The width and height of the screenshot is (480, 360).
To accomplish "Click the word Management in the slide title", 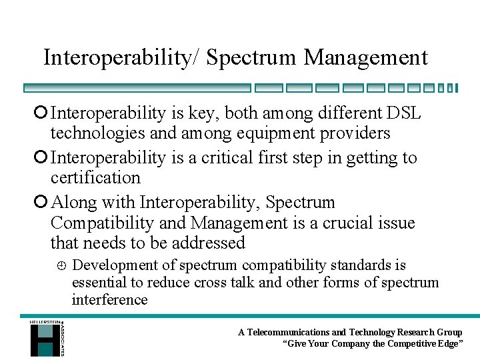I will [365, 58].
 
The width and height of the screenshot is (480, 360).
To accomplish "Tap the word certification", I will [95, 178].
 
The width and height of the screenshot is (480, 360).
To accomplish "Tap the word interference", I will [109, 300].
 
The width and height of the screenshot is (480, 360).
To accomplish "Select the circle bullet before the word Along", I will [43, 203].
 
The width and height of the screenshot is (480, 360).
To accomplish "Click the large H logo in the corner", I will [44, 339].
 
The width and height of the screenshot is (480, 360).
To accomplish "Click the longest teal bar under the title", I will [137, 88].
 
